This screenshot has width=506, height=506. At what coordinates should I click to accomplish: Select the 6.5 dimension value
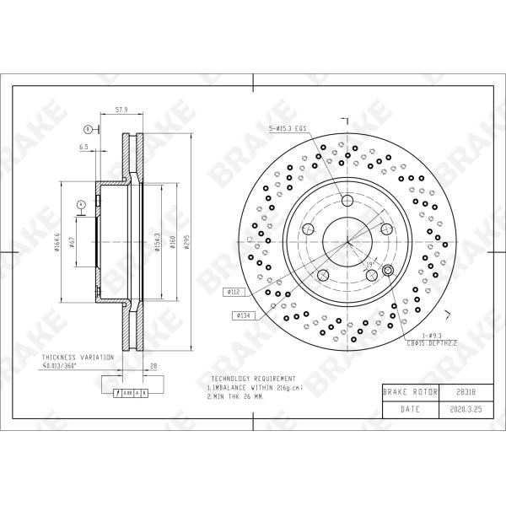[84, 147]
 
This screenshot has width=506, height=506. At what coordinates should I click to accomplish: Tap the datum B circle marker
[87, 129]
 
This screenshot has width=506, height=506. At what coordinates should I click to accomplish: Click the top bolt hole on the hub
[347, 200]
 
